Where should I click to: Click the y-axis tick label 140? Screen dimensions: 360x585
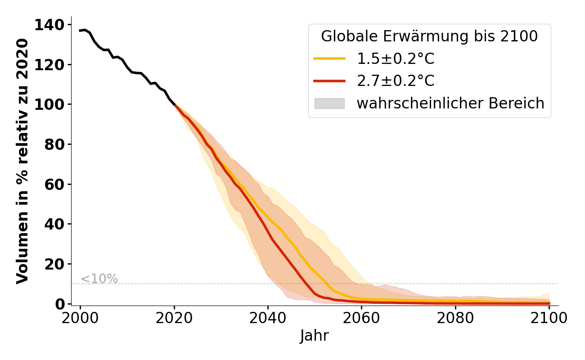click(x=49, y=25)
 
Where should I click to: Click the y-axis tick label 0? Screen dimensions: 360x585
click(x=60, y=304)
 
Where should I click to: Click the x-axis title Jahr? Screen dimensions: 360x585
click(x=315, y=336)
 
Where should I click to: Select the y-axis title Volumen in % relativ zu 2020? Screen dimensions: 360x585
click(x=22, y=161)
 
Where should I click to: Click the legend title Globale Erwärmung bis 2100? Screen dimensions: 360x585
click(x=429, y=36)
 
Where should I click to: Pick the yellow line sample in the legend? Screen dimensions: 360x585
click(x=329, y=58)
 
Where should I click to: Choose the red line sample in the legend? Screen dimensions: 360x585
click(x=329, y=81)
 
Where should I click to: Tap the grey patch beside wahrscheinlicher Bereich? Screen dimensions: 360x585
click(x=329, y=103)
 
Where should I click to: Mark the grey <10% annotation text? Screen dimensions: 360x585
click(x=99, y=279)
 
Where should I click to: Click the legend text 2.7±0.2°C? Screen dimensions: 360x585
click(x=396, y=81)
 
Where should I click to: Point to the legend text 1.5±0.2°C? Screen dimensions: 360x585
click(x=396, y=58)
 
